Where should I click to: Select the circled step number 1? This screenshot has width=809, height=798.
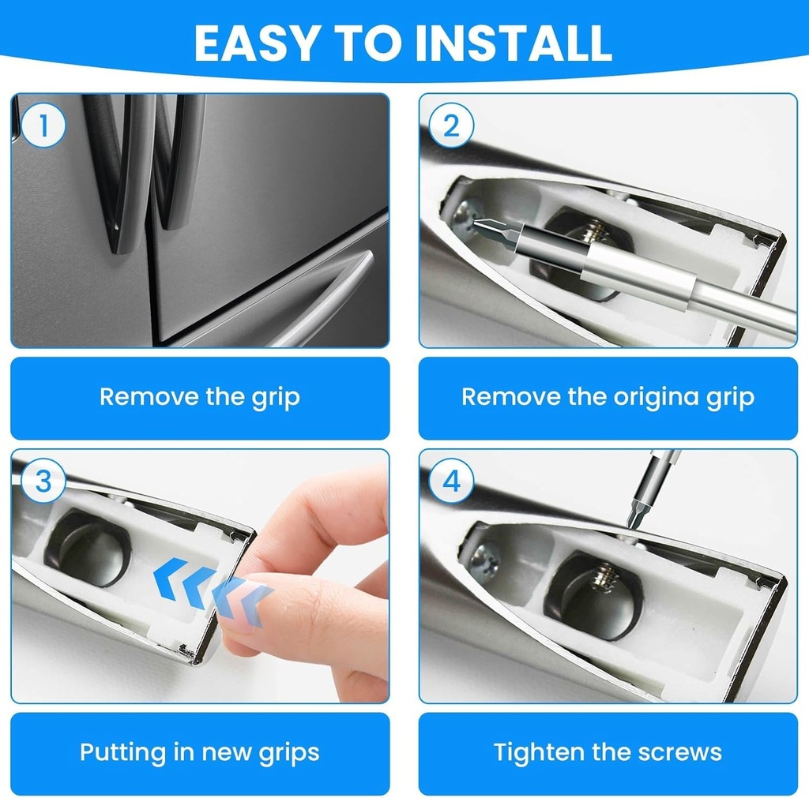coord(43,126)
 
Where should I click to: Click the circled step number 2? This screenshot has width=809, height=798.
coord(451,126)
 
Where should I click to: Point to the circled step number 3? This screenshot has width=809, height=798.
coord(43,481)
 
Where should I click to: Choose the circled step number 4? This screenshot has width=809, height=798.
coord(451,481)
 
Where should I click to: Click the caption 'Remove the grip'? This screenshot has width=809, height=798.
coord(200,398)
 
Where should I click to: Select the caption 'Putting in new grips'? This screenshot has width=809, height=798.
coord(200,753)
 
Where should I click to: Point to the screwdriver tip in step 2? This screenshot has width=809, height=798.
coord(477,223)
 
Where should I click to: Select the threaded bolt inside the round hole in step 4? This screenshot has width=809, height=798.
coord(604,575)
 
